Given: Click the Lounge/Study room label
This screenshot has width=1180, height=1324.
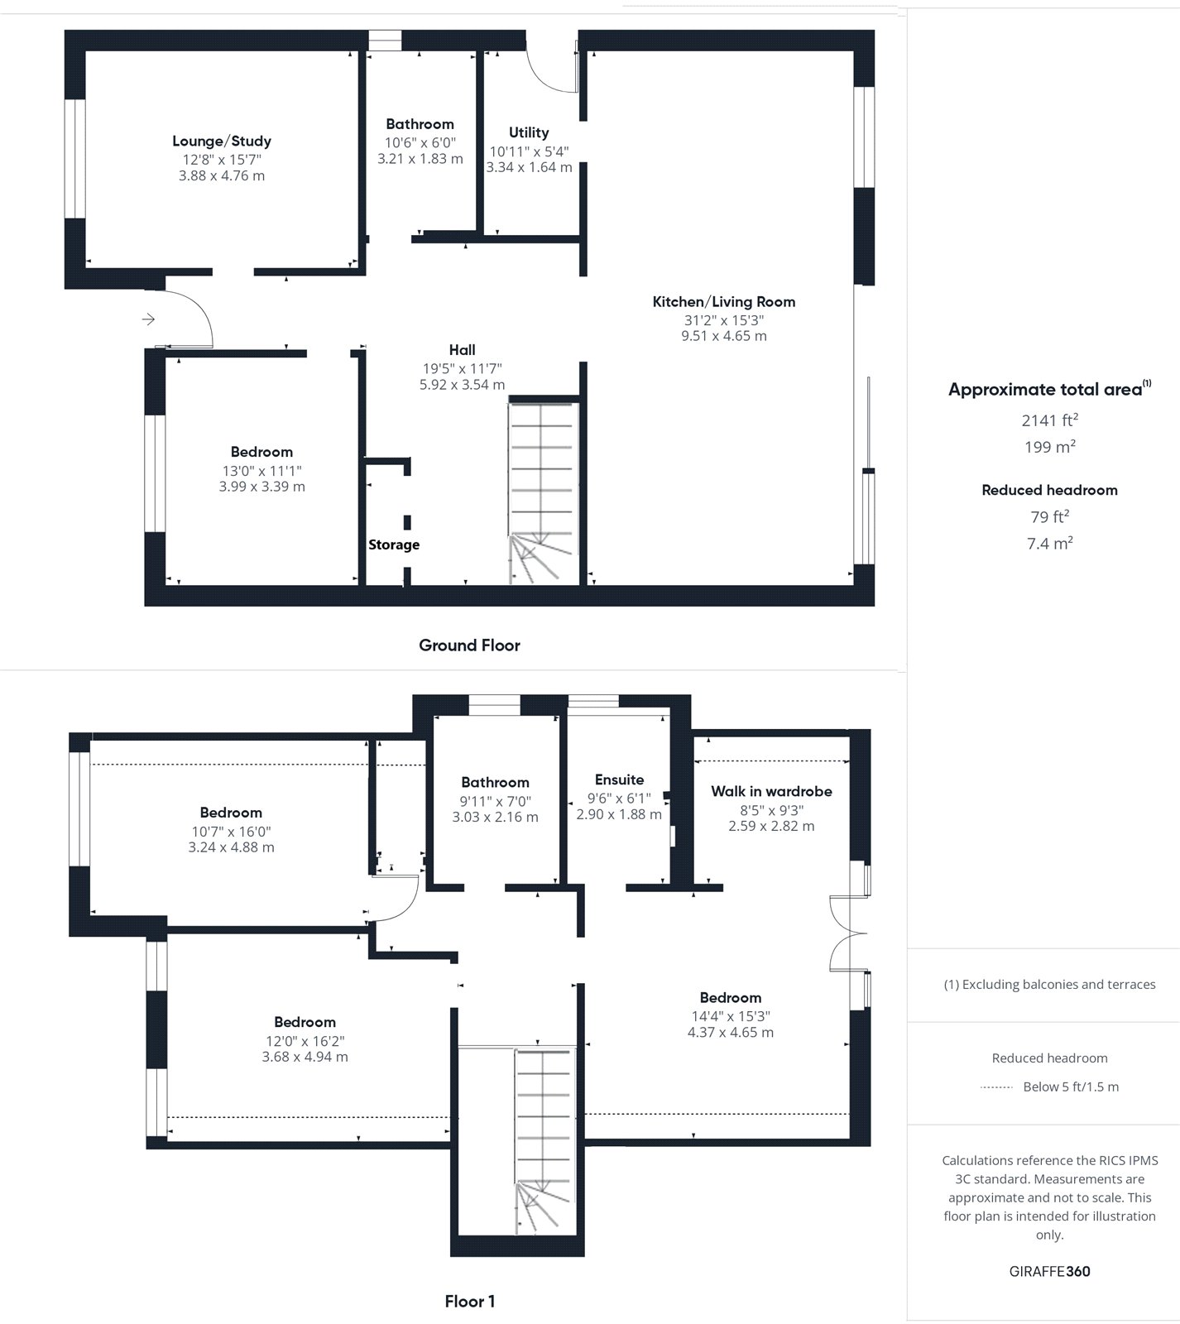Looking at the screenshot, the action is (222, 142).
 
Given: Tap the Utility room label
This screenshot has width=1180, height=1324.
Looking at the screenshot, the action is (529, 132).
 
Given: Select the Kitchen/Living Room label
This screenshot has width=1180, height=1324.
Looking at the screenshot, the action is (724, 302).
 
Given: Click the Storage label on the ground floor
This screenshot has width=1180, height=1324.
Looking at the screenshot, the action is (394, 544).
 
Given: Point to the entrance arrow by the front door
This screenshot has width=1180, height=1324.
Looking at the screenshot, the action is (148, 319).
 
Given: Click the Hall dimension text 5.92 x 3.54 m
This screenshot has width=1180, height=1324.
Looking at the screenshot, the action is (463, 385).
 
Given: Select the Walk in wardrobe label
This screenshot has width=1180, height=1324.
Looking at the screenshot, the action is (771, 791).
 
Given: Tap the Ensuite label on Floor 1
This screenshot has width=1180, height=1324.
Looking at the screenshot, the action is (619, 780).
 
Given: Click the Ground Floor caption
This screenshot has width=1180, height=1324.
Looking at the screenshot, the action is (469, 645).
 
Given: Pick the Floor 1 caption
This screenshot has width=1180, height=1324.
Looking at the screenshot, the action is (470, 1302).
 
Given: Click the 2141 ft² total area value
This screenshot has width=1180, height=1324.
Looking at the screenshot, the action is (1050, 420).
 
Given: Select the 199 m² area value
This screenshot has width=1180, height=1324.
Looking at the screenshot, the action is (1050, 447).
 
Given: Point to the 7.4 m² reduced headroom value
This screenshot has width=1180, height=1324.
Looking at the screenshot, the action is (1050, 543).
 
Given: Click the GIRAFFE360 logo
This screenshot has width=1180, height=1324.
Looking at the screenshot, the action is (1050, 1272).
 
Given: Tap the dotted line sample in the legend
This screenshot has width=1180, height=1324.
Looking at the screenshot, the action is (996, 1087).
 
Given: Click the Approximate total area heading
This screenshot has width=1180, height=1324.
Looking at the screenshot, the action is (1050, 389).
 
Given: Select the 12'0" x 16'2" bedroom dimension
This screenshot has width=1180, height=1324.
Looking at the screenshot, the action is (305, 1041).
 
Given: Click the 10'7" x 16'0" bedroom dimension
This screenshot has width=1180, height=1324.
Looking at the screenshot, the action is (231, 832).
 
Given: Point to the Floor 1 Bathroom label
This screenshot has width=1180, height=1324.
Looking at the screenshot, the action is (495, 782).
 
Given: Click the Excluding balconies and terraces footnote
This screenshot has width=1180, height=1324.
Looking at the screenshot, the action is (1050, 985).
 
